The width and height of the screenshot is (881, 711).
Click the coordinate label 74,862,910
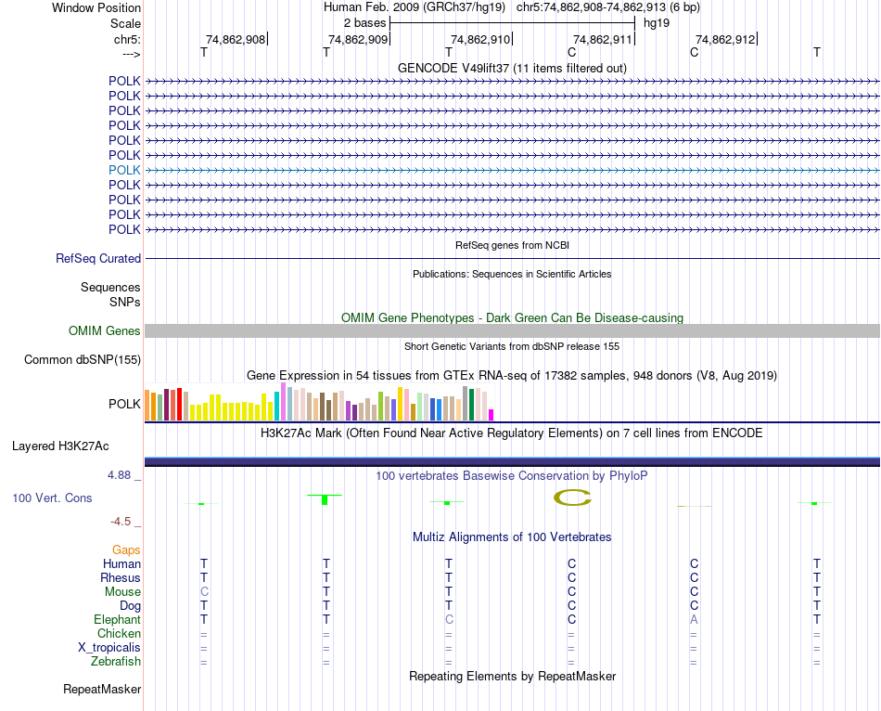[x=480, y=39]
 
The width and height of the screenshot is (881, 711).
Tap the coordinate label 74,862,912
[x=725, y=39]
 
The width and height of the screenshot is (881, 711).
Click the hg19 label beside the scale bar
[x=657, y=22]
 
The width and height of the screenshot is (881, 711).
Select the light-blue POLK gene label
[x=124, y=170]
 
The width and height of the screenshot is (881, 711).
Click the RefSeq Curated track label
[x=98, y=259]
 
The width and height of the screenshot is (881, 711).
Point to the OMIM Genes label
[x=105, y=331]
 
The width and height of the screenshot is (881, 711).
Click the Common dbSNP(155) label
[x=83, y=360]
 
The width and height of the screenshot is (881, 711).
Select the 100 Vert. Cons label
[x=52, y=498]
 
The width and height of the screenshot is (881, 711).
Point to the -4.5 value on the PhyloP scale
[x=125, y=522]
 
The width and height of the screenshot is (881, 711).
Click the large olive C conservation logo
[x=572, y=498]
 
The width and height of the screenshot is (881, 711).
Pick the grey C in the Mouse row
[x=204, y=592]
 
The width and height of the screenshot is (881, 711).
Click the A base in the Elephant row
[x=694, y=620]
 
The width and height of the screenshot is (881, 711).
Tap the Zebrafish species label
[x=116, y=662]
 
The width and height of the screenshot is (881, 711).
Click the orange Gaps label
[x=126, y=550]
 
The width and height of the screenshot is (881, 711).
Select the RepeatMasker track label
[x=102, y=690]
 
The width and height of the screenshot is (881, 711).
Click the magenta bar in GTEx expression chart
[x=492, y=415]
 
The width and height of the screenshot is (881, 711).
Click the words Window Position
[x=96, y=7]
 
